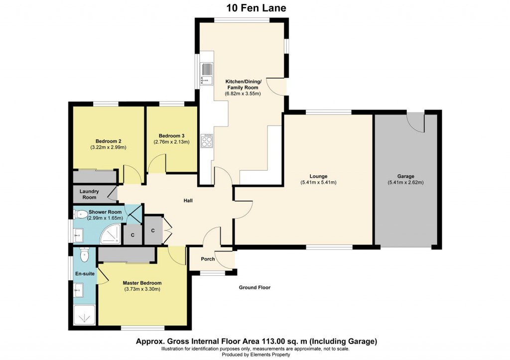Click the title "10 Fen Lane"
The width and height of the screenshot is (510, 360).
click(x=255, y=7)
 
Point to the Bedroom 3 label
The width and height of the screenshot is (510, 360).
click(x=171, y=136)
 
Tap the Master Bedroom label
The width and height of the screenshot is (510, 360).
click(x=142, y=283)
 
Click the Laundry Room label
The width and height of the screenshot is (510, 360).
click(x=89, y=194)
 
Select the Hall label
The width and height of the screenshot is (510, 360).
click(x=188, y=201)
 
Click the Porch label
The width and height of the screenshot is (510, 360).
click(x=208, y=259)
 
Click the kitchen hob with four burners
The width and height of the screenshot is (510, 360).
click(x=206, y=141)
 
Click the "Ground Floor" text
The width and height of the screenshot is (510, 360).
click(x=255, y=287)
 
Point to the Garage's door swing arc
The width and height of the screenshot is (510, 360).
click(x=416, y=122)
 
